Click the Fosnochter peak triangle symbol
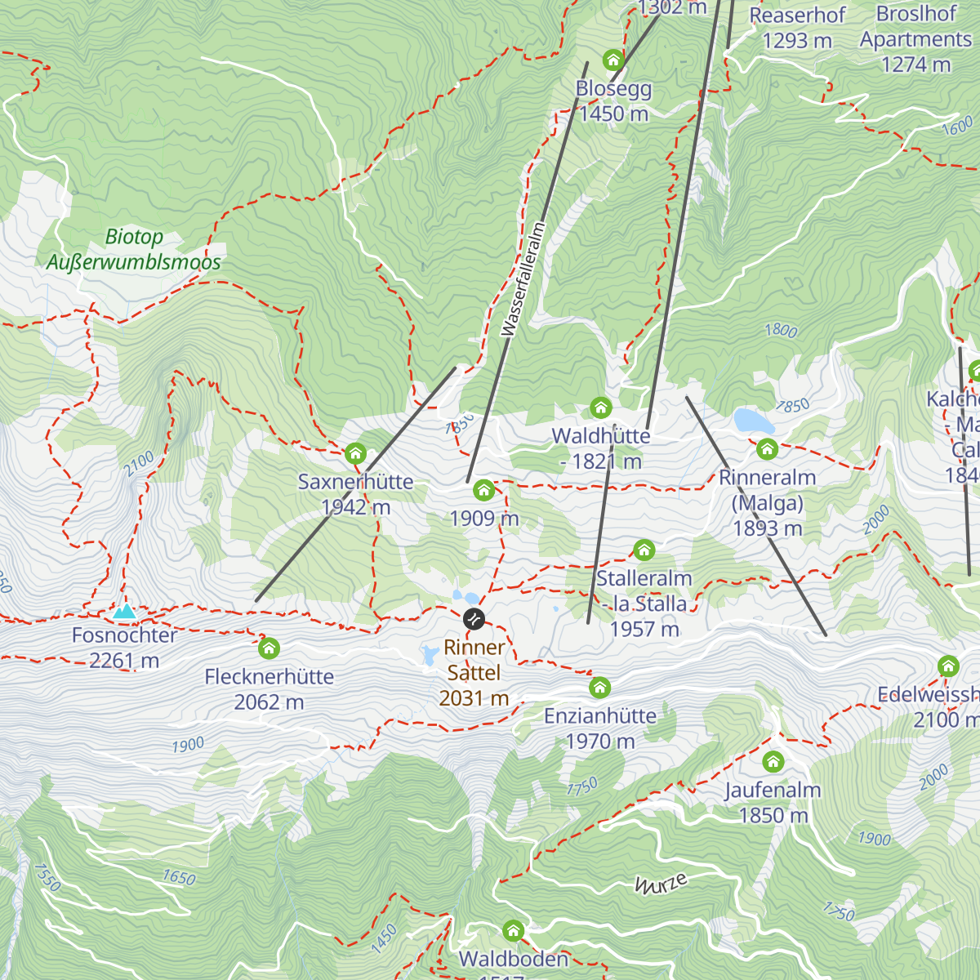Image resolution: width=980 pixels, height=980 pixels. coord(124,611)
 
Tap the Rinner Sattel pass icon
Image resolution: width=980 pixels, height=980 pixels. coord(474,619)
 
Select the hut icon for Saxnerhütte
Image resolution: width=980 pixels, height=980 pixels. coord(355,452)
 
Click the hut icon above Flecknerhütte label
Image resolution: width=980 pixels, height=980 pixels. coord(269,648)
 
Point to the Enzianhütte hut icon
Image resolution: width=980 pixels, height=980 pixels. coord(600,688)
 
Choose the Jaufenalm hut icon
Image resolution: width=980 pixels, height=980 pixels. coord(773,762)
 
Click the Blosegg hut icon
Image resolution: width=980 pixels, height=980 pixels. coord(612,60)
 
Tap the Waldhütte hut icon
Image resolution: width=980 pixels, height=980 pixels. coord(601,408)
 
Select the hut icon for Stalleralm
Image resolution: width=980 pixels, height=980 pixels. coord(644,550)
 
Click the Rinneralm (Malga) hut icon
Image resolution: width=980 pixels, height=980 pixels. coord(767,448)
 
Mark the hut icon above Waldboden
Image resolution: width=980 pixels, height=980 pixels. coord(513,930)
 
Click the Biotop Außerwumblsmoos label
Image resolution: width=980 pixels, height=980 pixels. coord(134,250)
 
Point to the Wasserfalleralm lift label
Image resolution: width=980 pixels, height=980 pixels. coord(523,279)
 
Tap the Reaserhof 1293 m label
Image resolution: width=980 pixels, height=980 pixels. coord(797,28)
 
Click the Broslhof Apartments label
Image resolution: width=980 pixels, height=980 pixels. coord(915,39)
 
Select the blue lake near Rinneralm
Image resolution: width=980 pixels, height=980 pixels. coord(753,421)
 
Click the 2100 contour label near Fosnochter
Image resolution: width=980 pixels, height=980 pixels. coord(139,464)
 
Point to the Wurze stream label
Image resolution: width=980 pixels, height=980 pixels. coord(661,883)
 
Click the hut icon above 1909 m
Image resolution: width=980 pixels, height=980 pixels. coord(484,490)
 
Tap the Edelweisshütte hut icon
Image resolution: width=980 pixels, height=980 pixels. coord(948,666)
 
